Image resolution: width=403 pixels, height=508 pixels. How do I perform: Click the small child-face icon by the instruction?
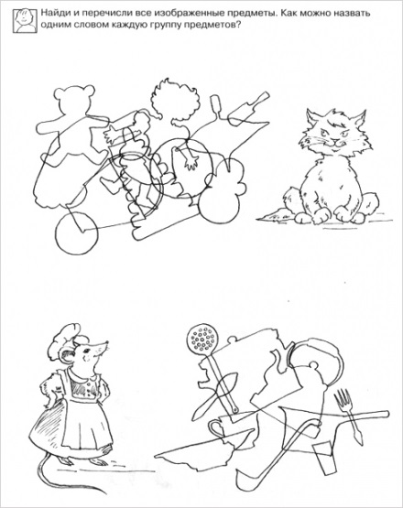[25, 21]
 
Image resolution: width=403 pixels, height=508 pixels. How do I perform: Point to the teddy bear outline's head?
[74, 98]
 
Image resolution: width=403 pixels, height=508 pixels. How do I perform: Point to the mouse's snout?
[103, 347]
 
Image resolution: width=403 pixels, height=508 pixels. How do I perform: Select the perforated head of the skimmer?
[203, 340]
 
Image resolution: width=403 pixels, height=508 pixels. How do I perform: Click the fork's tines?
[343, 398]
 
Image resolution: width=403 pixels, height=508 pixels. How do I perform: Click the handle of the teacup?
[214, 427]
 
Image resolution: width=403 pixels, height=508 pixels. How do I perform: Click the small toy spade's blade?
[241, 114]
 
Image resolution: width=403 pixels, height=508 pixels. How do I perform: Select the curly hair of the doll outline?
[175, 96]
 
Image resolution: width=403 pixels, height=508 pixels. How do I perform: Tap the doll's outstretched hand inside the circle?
[192, 161]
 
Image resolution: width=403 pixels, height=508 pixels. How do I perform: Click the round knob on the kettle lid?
[313, 365]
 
